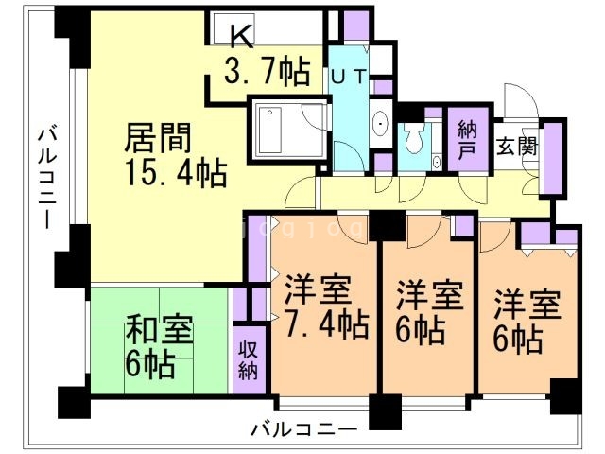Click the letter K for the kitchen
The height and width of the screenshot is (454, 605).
(x=242, y=36)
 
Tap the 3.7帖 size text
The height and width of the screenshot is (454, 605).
(x=267, y=70)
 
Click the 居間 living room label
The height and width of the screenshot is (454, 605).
(x=161, y=139)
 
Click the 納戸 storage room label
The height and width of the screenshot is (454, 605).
(x=465, y=140)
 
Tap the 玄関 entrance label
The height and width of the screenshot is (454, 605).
(x=516, y=147)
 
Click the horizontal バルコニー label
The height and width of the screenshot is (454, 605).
(x=304, y=429)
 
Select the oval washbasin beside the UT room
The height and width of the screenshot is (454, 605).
(x=379, y=124)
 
